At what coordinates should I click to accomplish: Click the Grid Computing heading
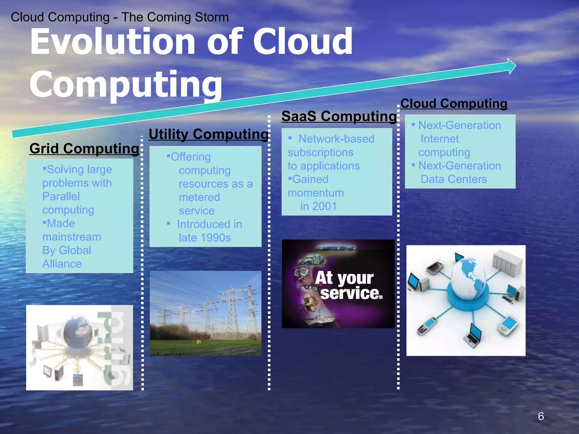click(x=84, y=148)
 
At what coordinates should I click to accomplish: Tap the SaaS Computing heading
click(x=339, y=116)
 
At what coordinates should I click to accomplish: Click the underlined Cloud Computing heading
click(x=454, y=103)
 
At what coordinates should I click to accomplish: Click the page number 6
click(x=541, y=416)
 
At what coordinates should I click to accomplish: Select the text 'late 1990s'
click(x=205, y=238)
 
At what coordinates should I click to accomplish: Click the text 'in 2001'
click(x=318, y=206)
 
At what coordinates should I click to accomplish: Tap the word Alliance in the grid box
click(x=62, y=264)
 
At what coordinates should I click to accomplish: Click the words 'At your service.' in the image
click(x=349, y=285)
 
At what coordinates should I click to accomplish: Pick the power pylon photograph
click(x=206, y=313)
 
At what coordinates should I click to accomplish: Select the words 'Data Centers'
click(x=453, y=179)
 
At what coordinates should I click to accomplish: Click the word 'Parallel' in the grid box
click(x=61, y=196)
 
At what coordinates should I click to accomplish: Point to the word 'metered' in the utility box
click(x=199, y=197)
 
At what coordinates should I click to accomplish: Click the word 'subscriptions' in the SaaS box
click(x=320, y=153)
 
